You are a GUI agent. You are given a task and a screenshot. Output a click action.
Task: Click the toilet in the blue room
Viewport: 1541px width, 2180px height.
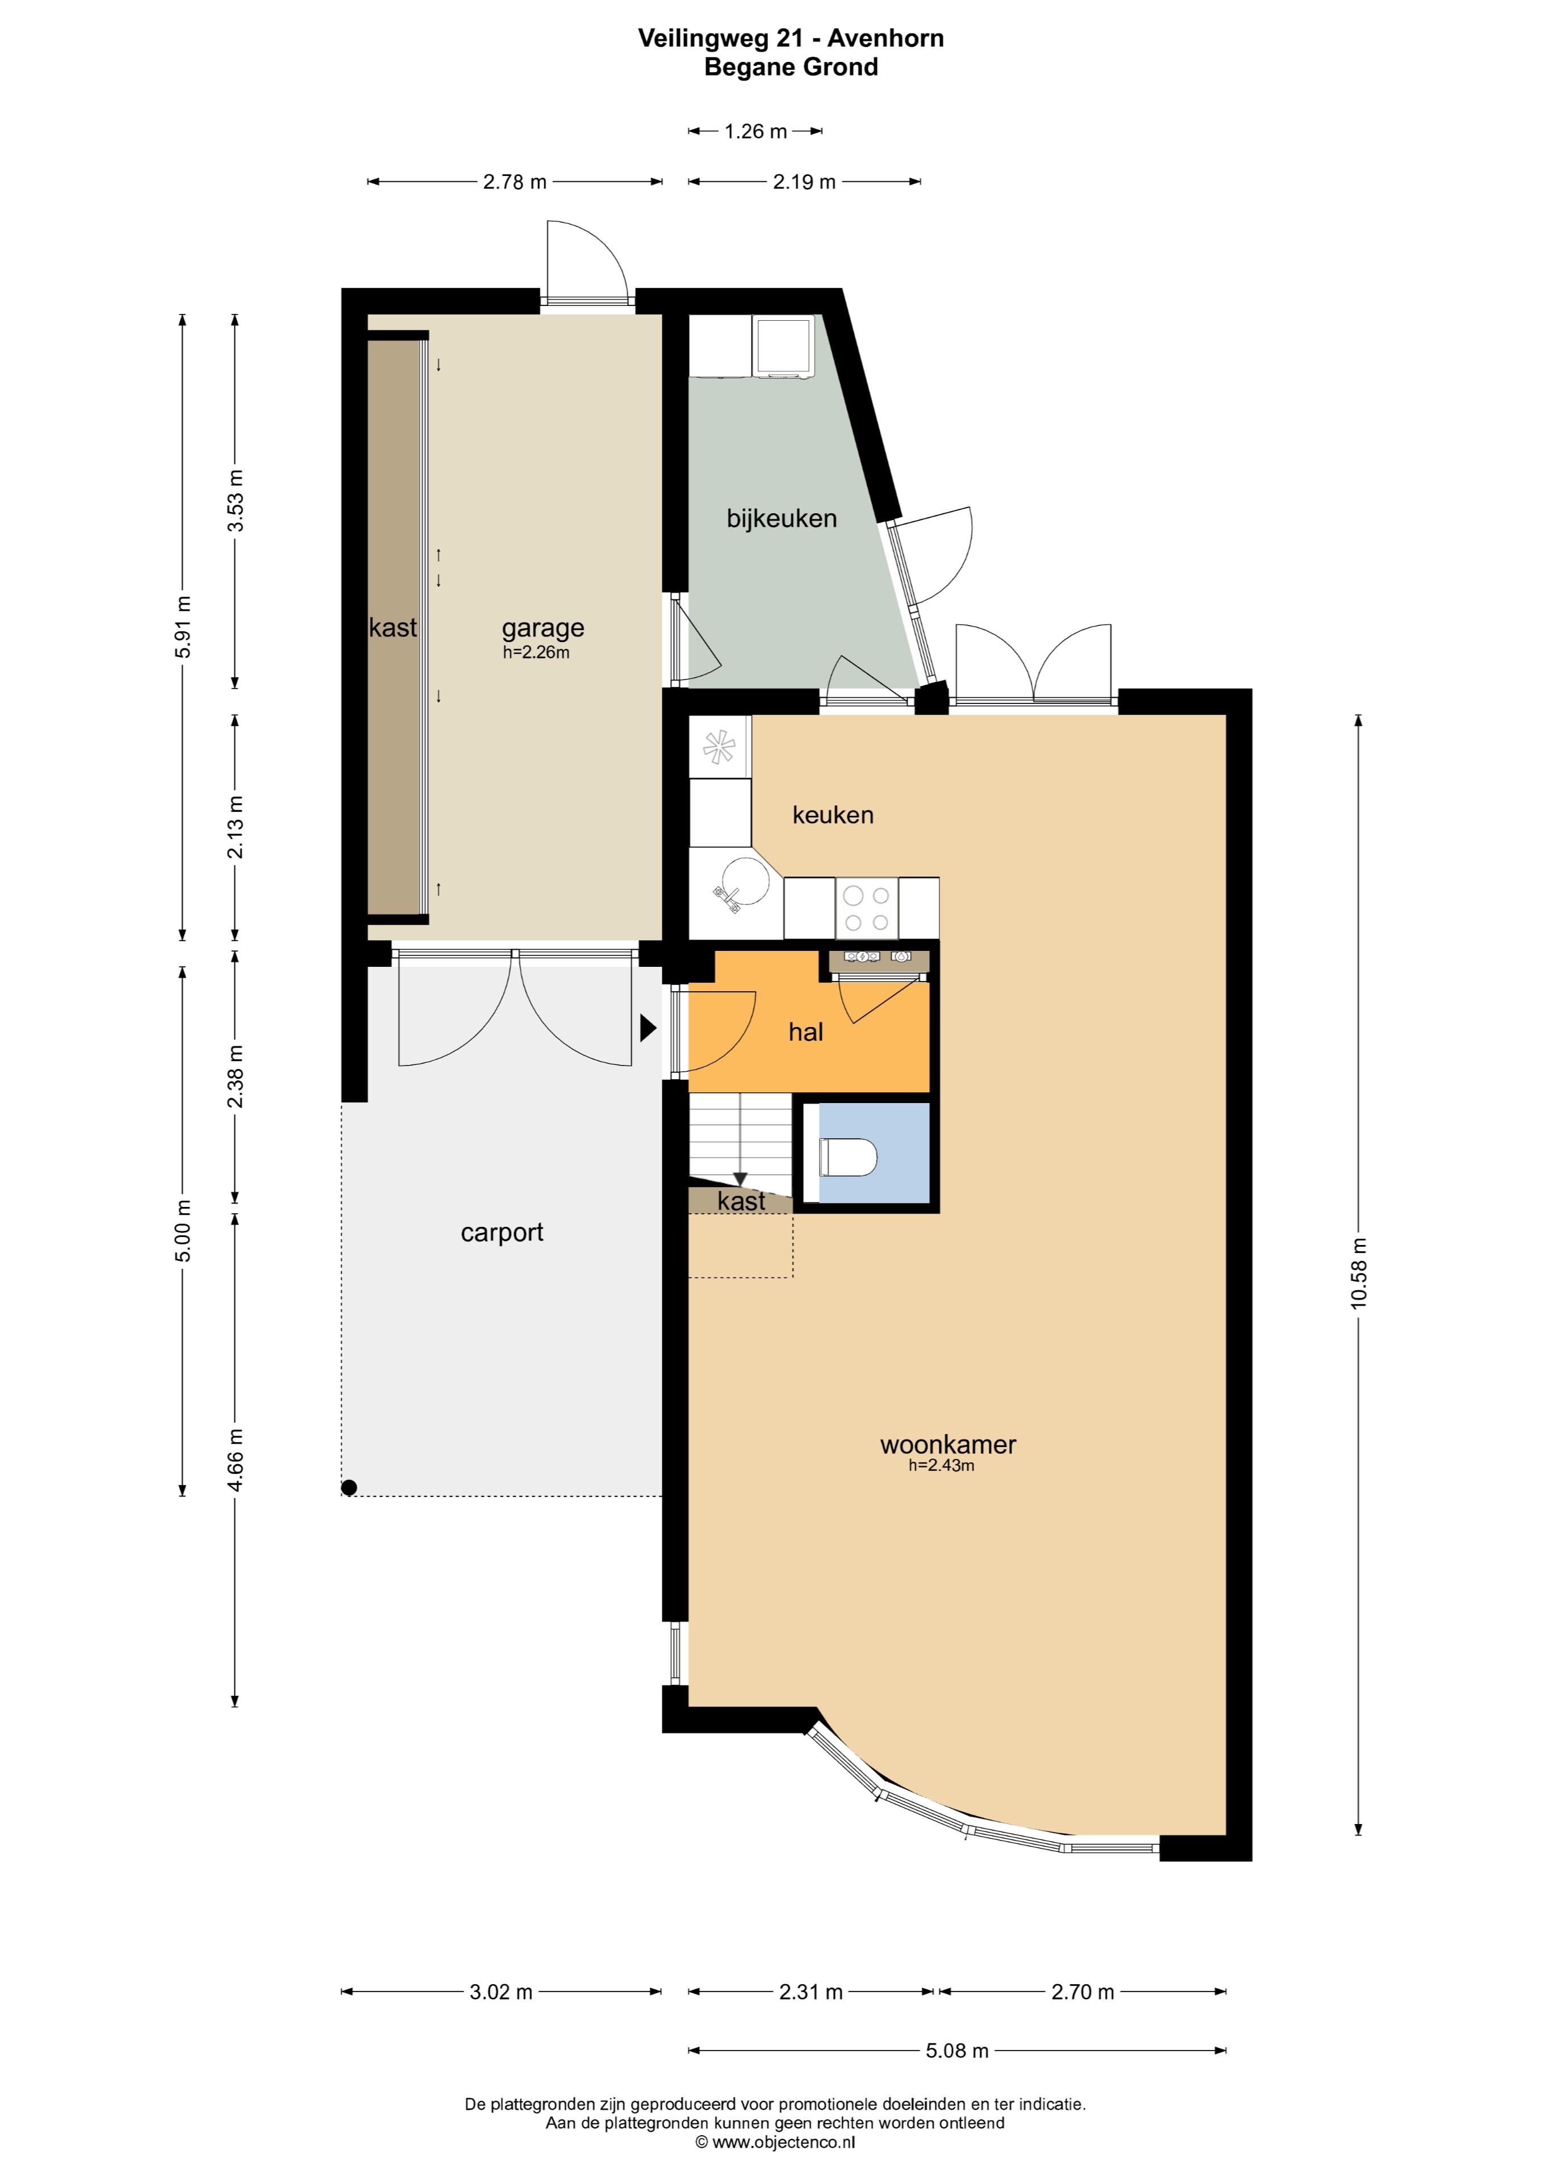click(x=848, y=1158)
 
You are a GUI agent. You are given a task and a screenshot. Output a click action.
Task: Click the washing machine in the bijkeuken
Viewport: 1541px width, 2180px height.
click(x=783, y=346)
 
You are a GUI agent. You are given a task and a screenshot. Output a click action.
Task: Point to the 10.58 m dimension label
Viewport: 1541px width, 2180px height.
click(x=1359, y=1273)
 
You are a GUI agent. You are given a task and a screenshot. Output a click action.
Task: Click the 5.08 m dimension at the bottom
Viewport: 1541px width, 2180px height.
click(x=957, y=2051)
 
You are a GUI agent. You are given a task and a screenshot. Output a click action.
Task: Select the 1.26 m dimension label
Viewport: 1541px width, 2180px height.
click(x=756, y=131)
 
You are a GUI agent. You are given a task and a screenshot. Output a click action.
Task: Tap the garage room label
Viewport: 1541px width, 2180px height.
click(x=543, y=628)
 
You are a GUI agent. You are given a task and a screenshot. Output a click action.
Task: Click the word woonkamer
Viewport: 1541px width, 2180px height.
click(x=947, y=1445)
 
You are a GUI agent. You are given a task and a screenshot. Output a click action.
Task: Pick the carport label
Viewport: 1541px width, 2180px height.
click(x=502, y=1232)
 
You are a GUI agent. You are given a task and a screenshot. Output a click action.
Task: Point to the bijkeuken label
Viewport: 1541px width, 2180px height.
click(x=782, y=518)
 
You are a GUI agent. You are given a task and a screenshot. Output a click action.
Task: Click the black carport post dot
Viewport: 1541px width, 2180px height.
click(x=350, y=1488)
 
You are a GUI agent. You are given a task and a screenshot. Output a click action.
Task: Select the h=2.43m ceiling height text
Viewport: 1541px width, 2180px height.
click(x=941, y=1465)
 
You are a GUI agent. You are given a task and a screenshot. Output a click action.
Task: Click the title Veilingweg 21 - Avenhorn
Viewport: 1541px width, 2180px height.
click(x=791, y=38)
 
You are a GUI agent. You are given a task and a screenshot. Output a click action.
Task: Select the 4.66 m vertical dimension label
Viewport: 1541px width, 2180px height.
click(x=236, y=1460)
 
